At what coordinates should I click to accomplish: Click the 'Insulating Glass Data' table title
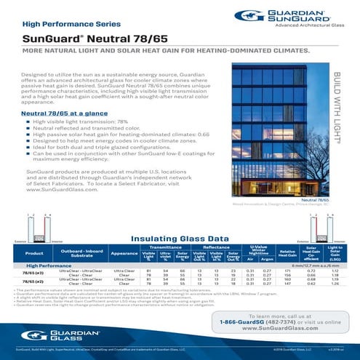(180, 217)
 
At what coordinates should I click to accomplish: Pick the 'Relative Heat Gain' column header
(287, 233)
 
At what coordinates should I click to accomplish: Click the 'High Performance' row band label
(37, 247)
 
